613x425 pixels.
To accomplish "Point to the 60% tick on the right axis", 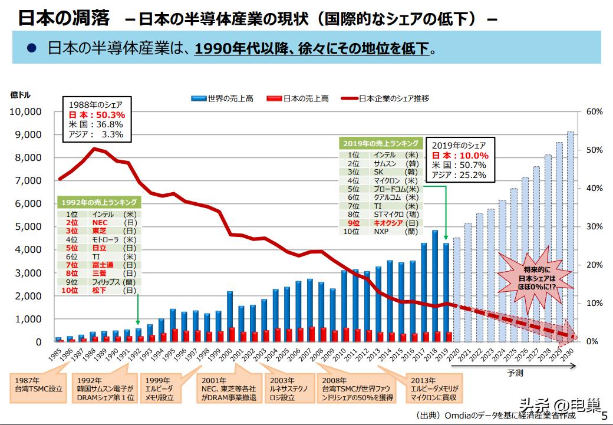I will coord(595,111).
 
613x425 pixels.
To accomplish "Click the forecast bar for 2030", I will coord(571,236).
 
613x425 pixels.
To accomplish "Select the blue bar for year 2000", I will coord(229,316).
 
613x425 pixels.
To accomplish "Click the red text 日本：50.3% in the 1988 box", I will coord(97,115).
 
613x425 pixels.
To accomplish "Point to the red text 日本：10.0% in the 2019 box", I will coord(460,156).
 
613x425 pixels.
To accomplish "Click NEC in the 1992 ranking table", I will coord(100,223).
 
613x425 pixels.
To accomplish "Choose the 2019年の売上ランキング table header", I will coord(381,143).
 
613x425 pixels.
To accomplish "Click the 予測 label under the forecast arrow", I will coord(515,373).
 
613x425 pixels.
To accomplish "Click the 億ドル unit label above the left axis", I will coord(20,94).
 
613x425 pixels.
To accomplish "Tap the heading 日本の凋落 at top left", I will coord(63,18).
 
